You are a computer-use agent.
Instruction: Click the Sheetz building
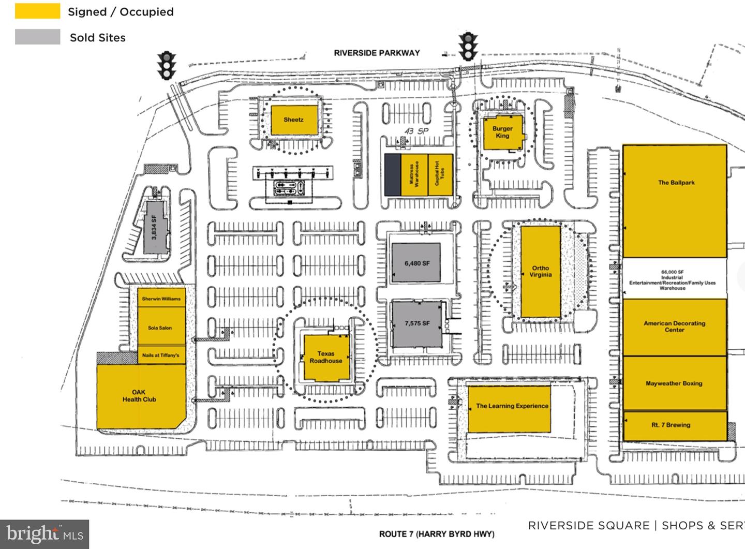click(293, 120)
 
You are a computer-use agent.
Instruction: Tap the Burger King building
click(502, 132)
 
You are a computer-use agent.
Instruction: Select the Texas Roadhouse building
click(325, 358)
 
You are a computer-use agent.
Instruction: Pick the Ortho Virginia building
click(540, 272)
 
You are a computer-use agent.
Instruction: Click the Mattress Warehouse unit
click(414, 174)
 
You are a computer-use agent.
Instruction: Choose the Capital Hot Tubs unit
click(440, 174)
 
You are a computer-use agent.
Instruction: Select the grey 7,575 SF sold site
click(416, 324)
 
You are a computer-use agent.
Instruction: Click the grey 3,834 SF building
click(154, 227)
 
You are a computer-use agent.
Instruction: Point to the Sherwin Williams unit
click(161, 299)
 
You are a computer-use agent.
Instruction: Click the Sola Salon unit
click(161, 327)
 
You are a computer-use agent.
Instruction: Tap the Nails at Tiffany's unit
click(161, 355)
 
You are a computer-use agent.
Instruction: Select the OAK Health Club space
click(139, 396)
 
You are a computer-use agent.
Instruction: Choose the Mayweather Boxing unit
click(674, 383)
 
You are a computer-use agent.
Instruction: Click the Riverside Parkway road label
click(377, 53)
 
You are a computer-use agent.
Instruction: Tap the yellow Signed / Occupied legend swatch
click(37, 11)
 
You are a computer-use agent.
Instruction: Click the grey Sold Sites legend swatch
click(37, 37)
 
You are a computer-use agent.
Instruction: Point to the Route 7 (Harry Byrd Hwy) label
click(437, 534)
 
